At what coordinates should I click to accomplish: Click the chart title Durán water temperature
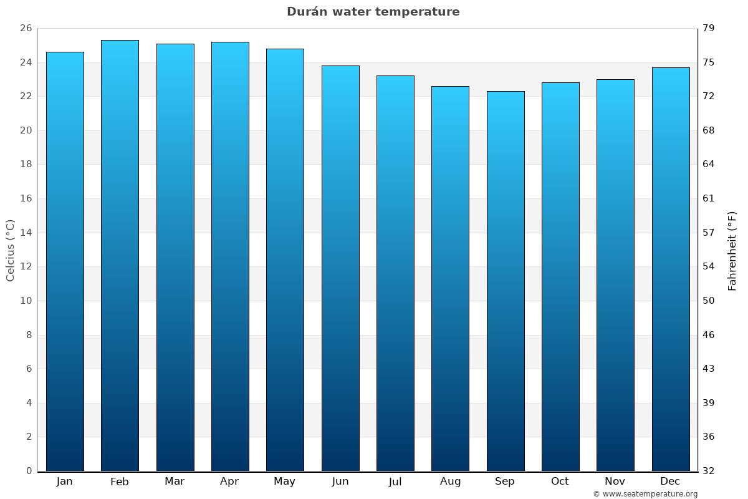tap(373, 12)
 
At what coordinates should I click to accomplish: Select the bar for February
tap(120, 256)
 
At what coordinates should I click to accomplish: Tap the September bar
tap(505, 281)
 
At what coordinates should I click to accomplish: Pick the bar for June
tap(340, 268)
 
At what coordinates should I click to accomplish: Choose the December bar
tap(670, 268)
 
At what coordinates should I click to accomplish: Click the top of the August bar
tap(450, 87)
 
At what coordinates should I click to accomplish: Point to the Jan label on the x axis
tap(64, 482)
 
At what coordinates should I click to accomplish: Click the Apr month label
tap(229, 482)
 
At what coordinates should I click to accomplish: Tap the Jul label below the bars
tap(395, 482)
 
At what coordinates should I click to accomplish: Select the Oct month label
tap(560, 482)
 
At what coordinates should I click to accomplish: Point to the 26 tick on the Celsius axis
tap(26, 28)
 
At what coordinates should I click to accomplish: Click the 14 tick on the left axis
tap(26, 233)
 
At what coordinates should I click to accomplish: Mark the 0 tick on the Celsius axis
tap(29, 471)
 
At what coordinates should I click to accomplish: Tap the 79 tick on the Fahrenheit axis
tap(709, 28)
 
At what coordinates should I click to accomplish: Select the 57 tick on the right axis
tap(709, 233)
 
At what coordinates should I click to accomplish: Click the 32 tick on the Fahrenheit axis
tap(709, 471)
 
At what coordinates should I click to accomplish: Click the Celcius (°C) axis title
tap(10, 250)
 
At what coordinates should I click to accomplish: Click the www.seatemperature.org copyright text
tap(645, 494)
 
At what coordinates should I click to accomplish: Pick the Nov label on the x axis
tap(615, 482)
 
